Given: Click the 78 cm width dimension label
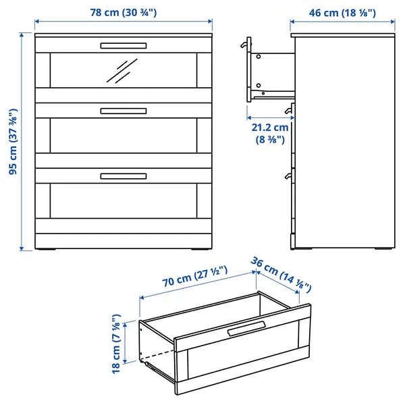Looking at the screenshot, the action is (124, 12).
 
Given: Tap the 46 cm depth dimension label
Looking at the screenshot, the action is (342, 13).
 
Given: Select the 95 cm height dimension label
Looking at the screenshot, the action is (13, 142).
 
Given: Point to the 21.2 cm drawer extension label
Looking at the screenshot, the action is (270, 134).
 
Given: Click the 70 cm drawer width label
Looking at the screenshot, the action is (195, 276).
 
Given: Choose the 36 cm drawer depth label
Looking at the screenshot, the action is (281, 275).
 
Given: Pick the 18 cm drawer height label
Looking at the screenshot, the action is (116, 344).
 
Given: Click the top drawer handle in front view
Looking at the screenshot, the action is (124, 46).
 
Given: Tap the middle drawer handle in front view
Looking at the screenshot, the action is (124, 111).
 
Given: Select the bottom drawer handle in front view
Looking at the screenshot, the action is (124, 176).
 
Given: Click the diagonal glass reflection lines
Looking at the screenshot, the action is (122, 71).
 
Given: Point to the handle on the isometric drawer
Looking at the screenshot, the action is (246, 329).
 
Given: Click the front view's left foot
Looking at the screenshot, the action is (45, 250).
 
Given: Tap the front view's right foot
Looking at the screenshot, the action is (201, 250).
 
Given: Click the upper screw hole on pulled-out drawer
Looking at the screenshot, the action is (259, 57).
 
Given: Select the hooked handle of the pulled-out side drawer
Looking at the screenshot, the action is (244, 45).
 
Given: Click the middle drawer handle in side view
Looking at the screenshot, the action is (288, 111).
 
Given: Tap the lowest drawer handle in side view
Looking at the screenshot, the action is (288, 176).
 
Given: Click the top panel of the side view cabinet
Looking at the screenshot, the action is (343, 35).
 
